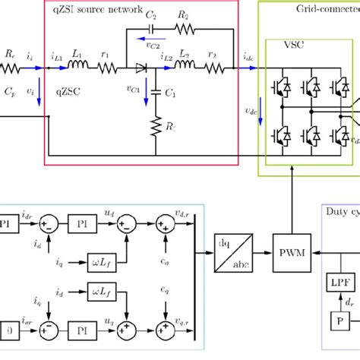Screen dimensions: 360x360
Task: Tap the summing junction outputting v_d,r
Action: coord(163,225)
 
